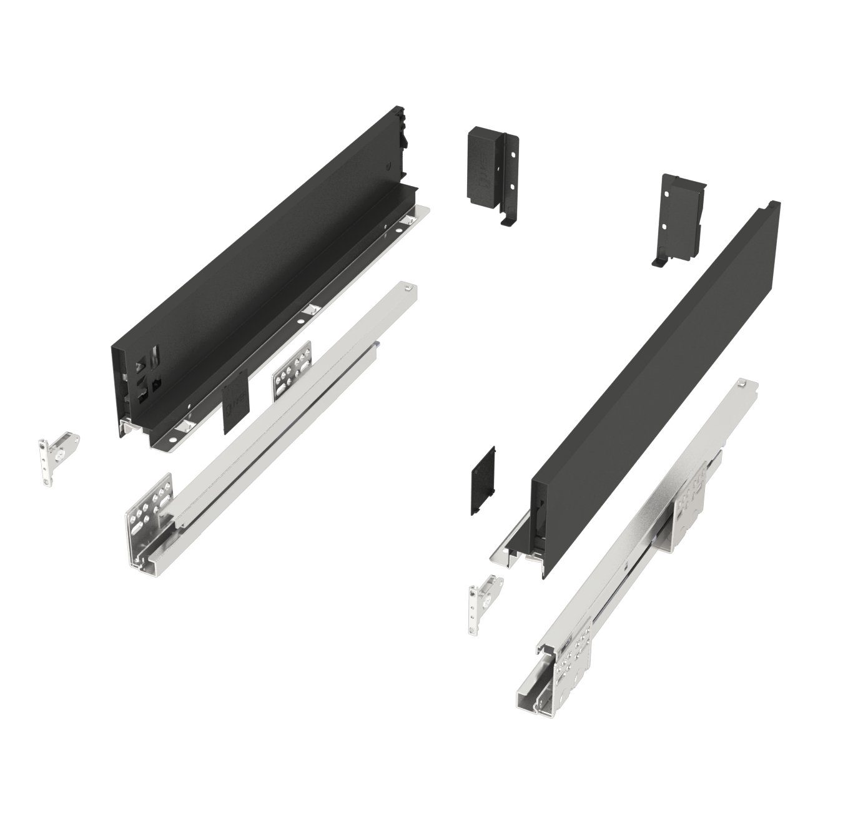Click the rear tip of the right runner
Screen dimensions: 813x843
coord(749,384)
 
